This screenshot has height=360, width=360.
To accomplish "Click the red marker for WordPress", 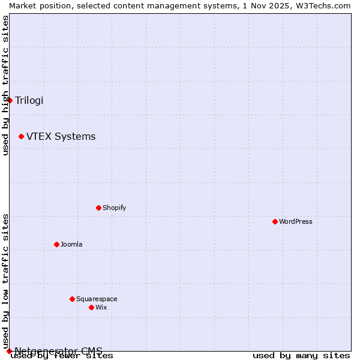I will (275, 221).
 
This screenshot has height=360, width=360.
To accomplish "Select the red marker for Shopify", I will (98, 208).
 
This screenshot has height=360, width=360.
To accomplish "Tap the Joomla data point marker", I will (56, 244).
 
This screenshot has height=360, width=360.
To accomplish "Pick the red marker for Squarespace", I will (72, 299).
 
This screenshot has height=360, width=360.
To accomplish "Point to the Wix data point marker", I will (91, 307).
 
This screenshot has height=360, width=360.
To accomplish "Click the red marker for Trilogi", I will (10, 100).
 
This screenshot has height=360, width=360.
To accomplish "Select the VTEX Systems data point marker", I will (21, 137).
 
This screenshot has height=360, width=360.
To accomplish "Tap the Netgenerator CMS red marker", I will (9, 351).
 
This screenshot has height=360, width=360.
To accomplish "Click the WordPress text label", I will (296, 221).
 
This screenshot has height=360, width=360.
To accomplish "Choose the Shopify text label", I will (114, 208).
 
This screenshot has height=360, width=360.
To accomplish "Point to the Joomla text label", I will (71, 244).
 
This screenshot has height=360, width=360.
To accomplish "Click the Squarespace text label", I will (97, 299).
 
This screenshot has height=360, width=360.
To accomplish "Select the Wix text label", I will (101, 307).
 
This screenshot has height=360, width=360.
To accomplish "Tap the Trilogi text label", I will (29, 100).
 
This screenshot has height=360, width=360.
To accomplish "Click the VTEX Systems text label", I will (61, 137).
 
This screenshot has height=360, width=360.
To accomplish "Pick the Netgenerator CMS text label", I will (58, 351).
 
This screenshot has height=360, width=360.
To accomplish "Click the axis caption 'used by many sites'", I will (301, 355).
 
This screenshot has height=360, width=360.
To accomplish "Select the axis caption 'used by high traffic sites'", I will (5, 85).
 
